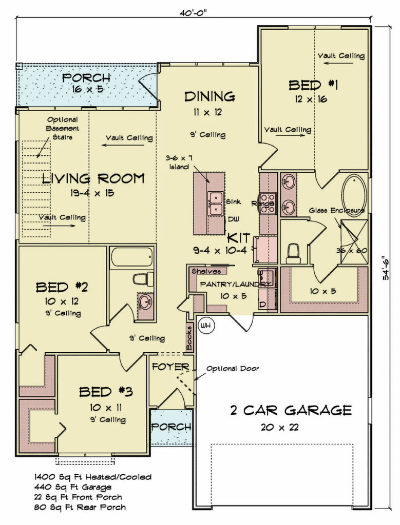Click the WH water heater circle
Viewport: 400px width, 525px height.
pyautogui.click(x=206, y=326)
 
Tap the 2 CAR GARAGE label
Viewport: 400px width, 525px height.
pyautogui.click(x=290, y=410)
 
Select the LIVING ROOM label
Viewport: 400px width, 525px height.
pyautogui.click(x=93, y=178)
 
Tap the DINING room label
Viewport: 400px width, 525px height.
pyautogui.click(x=209, y=96)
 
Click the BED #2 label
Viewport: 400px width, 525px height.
pyautogui.click(x=62, y=287)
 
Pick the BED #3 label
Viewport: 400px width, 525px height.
pyautogui.click(x=106, y=392)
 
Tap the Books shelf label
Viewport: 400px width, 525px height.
pyautogui.click(x=189, y=338)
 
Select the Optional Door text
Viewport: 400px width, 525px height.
pyautogui.click(x=233, y=368)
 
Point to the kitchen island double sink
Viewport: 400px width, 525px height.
pyautogui.click(x=215, y=204)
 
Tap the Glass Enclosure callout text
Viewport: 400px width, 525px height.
pyautogui.click(x=337, y=210)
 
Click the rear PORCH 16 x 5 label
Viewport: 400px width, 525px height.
pyautogui.click(x=86, y=83)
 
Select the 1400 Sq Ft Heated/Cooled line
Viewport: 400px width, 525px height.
pyautogui.click(x=93, y=477)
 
